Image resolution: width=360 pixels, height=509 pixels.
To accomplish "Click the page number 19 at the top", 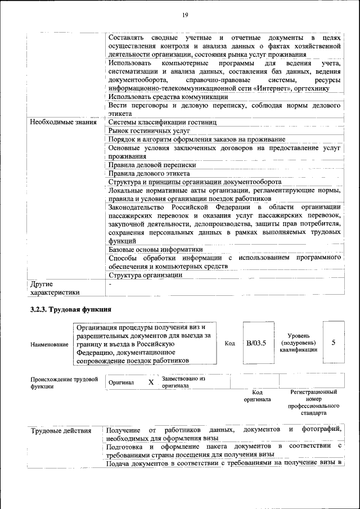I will (x=184, y=15).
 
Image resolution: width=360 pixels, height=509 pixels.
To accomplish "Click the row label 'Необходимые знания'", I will (x=62, y=122).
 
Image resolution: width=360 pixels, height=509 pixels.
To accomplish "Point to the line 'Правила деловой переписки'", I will (x=152, y=165).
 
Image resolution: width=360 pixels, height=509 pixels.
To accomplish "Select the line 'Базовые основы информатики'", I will (x=155, y=249).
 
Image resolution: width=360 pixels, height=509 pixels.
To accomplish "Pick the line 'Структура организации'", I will (x=145, y=275).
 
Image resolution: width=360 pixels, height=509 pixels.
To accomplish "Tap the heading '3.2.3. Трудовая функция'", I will (x=71, y=309).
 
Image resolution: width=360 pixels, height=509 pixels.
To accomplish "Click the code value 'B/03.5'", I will (x=256, y=343).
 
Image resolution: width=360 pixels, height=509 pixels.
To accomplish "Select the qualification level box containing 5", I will (x=334, y=343).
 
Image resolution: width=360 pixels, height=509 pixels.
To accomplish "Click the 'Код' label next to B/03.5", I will (x=229, y=343).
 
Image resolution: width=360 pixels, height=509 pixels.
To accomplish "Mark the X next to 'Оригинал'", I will (x=151, y=382).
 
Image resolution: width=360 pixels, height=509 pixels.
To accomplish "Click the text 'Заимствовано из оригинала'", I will (x=183, y=382).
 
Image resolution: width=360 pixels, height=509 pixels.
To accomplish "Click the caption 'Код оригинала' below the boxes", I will (x=257, y=395).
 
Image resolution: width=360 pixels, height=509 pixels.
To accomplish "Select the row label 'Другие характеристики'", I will (x=55, y=288).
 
